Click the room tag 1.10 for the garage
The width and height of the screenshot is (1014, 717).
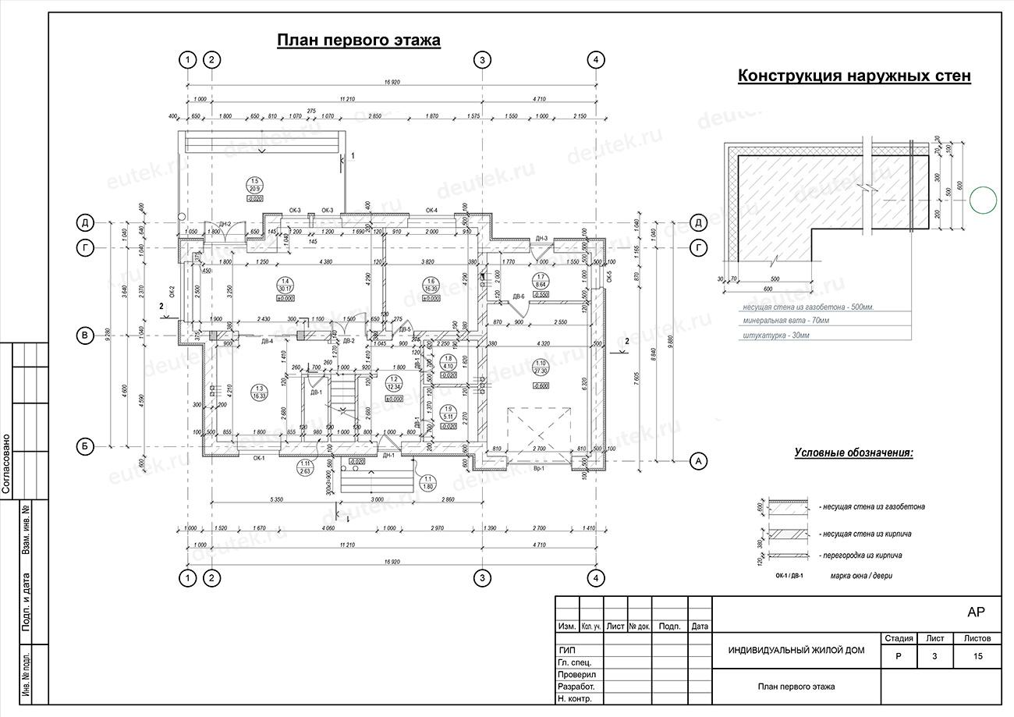(x=540, y=363)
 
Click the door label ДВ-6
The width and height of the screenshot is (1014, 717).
(x=518, y=297)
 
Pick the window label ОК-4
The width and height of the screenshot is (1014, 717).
(x=431, y=211)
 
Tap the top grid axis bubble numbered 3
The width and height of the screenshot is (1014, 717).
(x=482, y=59)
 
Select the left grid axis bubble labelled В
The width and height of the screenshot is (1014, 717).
(x=84, y=335)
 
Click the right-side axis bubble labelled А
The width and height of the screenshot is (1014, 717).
(x=698, y=462)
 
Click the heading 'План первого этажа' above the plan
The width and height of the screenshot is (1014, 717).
(x=359, y=41)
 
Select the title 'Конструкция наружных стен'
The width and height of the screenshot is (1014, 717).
(x=853, y=76)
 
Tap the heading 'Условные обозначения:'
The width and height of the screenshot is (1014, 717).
(x=854, y=453)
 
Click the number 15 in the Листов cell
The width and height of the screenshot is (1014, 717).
(x=977, y=656)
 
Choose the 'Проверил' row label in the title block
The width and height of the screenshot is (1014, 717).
(x=577, y=674)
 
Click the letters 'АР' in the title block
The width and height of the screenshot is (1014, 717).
(x=975, y=612)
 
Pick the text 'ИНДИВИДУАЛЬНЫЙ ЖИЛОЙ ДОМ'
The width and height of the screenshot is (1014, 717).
(x=796, y=651)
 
